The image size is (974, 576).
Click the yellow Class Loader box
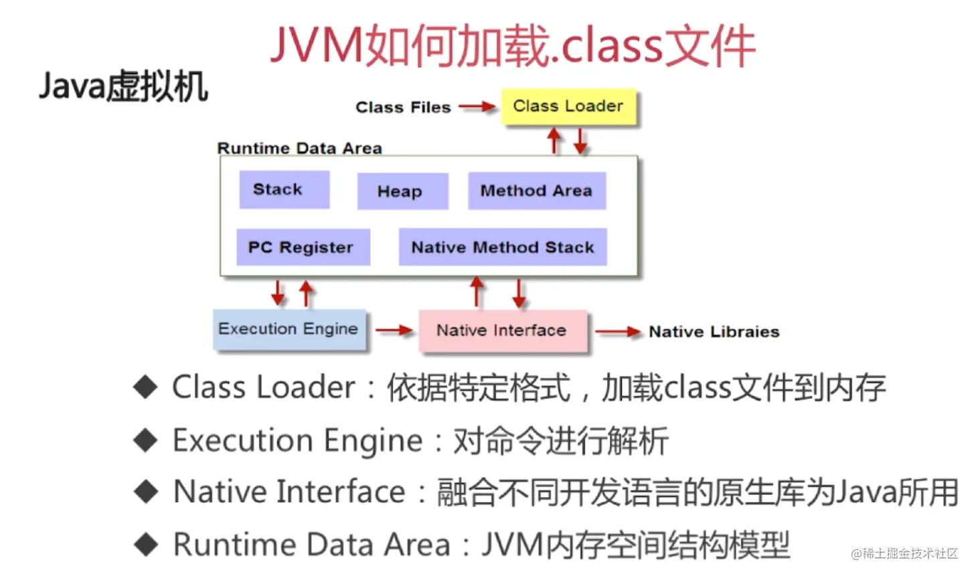point(568,107)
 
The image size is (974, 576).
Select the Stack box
point(284,190)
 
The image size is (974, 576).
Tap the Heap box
point(402,191)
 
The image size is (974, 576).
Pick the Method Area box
point(536,191)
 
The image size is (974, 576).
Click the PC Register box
point(303,248)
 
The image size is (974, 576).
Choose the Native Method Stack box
point(503,248)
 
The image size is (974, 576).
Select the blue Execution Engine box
point(289,329)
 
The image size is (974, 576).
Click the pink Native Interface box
point(502,330)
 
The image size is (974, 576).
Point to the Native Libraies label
point(714,332)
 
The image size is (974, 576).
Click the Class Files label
point(403,108)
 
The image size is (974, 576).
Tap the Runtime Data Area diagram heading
point(299,149)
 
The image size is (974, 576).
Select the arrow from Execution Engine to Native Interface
point(394,330)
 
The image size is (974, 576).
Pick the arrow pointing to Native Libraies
point(618,332)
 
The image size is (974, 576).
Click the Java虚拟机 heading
point(124,87)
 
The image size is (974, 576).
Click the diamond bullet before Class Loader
point(145,387)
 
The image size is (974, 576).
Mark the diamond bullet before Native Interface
point(145,492)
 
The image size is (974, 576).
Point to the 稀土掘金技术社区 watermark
point(904,554)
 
